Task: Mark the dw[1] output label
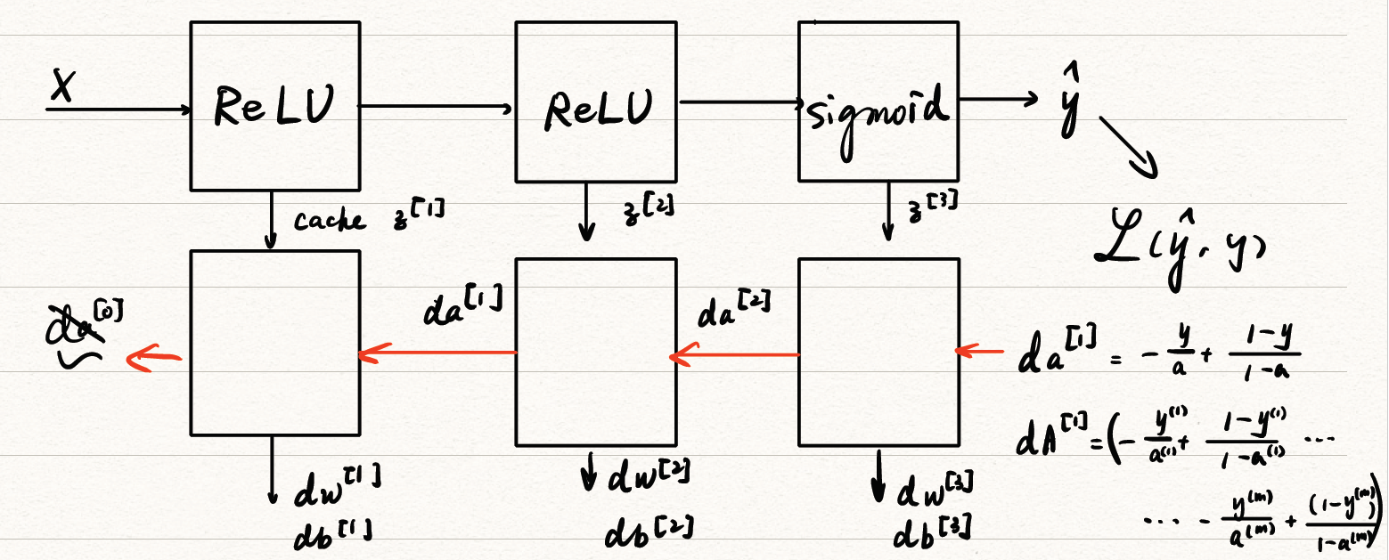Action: (339, 486)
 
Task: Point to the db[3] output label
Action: (932, 532)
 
